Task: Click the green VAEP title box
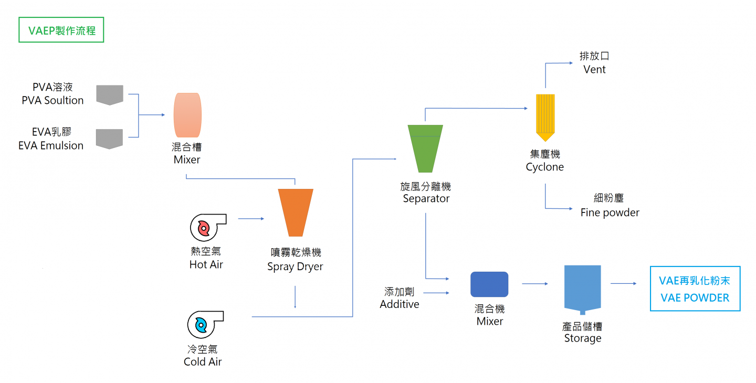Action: pyautogui.click(x=61, y=30)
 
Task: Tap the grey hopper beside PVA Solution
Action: pyautogui.click(x=110, y=94)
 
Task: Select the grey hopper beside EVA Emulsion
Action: pyautogui.click(x=110, y=139)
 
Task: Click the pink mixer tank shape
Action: pyautogui.click(x=187, y=115)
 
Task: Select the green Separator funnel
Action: pyautogui.click(x=425, y=148)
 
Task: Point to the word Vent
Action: pyautogui.click(x=594, y=70)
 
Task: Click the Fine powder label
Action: pyautogui.click(x=610, y=212)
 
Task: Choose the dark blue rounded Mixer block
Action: pyautogui.click(x=489, y=284)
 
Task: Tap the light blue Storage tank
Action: pyautogui.click(x=582, y=289)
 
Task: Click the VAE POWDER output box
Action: pyautogui.click(x=695, y=289)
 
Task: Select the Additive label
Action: pyautogui.click(x=400, y=304)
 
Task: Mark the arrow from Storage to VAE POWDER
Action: pyautogui.click(x=623, y=284)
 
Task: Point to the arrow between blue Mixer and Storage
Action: pyautogui.click(x=534, y=284)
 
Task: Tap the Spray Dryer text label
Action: pyautogui.click(x=295, y=267)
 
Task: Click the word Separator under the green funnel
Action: pyautogui.click(x=426, y=198)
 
